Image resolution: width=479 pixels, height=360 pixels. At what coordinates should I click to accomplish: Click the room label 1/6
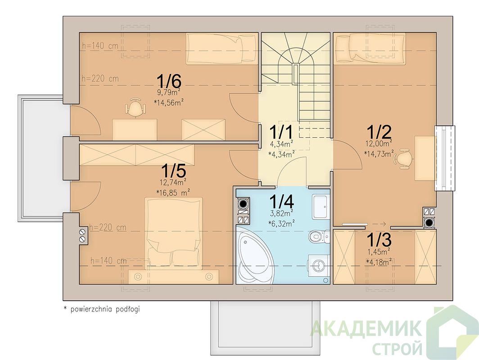click(x=169, y=81)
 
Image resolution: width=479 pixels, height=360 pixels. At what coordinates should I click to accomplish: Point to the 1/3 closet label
click(x=379, y=240)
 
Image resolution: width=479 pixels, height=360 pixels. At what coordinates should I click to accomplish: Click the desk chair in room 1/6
click(x=135, y=107)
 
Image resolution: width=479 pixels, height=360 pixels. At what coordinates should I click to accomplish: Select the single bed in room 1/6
click(x=222, y=49)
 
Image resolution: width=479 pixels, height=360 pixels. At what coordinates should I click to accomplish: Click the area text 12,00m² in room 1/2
click(x=379, y=143)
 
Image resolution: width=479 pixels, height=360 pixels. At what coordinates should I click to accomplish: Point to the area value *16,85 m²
click(x=173, y=192)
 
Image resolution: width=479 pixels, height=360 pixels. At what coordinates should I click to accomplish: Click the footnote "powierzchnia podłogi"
click(x=105, y=309)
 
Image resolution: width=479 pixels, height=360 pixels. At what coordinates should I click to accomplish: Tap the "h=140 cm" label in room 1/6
click(x=100, y=46)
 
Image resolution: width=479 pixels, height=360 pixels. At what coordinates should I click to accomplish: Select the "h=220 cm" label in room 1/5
click(x=108, y=228)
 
